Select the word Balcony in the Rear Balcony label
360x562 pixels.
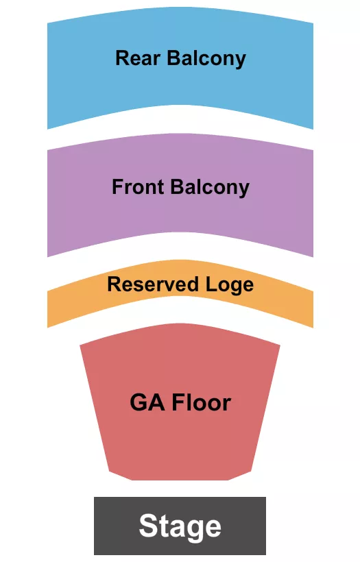pos(206,58)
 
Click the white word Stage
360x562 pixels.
pos(180,526)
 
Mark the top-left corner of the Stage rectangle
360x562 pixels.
pos(95,498)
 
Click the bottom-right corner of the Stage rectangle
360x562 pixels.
pos(265,554)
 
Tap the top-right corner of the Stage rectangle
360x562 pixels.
pos(265,498)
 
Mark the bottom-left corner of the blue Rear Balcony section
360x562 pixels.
pos(47,128)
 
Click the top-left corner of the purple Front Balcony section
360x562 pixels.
pos(47,149)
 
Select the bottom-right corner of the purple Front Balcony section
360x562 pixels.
pos(313,256)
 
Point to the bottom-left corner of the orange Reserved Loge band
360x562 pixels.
pos(47,327)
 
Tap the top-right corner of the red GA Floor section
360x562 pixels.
pos(280,344)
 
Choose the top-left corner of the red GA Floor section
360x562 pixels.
pos(80,344)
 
